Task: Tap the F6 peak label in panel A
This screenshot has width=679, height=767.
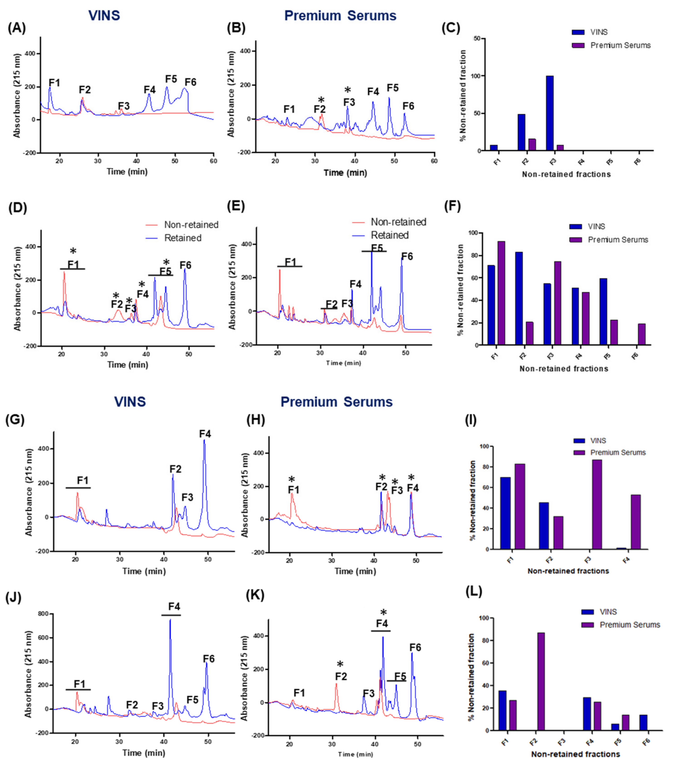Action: coord(190,82)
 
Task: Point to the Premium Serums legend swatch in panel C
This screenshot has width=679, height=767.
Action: coord(578,45)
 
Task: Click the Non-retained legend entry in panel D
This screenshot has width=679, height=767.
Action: coord(182,225)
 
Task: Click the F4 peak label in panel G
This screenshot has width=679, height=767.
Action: coord(205,434)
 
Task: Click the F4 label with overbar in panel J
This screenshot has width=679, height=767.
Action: coord(174,607)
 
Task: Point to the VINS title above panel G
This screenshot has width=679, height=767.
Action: coord(130,402)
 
